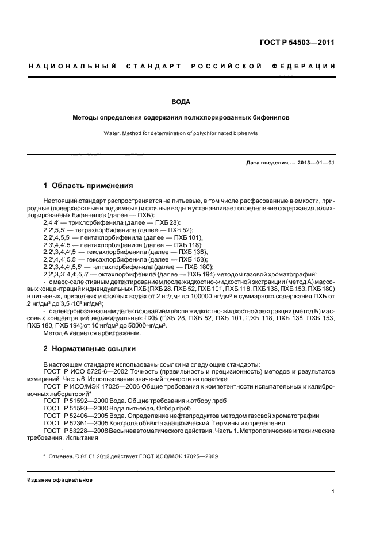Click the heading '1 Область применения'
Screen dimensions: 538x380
pyautogui.click(x=89, y=186)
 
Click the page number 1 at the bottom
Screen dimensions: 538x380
pyautogui.click(x=333, y=491)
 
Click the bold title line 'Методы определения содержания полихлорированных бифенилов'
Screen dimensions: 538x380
pyautogui.click(x=181, y=117)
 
